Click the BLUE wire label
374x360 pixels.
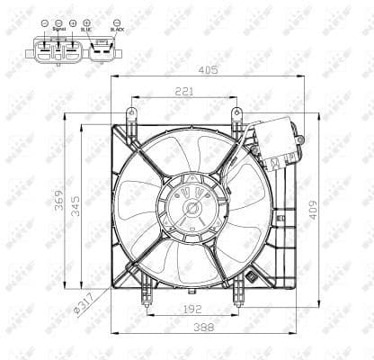coord(85,29)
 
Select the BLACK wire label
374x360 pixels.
coord(118,29)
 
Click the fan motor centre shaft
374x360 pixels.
coord(191,209)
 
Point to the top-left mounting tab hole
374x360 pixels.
coord(131,113)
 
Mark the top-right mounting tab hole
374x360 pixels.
coord(236,113)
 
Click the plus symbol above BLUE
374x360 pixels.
coord(85,21)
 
